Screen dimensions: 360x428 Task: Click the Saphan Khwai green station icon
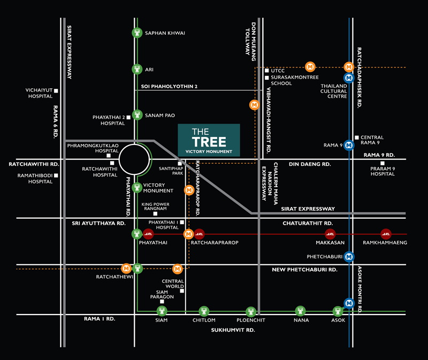tap(137, 33)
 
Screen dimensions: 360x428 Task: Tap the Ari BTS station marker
tap(137, 69)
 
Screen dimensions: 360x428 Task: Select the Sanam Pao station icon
tap(137, 114)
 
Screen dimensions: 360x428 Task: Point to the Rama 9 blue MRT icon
tap(349, 144)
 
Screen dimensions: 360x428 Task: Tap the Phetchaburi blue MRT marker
tap(349, 256)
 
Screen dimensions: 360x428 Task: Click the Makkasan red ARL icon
tap(331, 234)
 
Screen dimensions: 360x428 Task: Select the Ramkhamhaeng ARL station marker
tap(386, 234)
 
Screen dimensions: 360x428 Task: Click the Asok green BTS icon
tap(338, 311)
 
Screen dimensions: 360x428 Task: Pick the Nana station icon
tap(301, 311)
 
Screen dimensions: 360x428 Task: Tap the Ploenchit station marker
tap(251, 311)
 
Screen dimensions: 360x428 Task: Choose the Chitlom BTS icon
tap(204, 311)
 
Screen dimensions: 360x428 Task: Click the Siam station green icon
tap(162, 311)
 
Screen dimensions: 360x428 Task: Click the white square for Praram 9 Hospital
tap(382, 163)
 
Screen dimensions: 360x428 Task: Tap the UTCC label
tap(278, 71)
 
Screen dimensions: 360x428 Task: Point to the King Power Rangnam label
tap(155, 206)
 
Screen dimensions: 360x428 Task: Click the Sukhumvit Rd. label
tap(232, 330)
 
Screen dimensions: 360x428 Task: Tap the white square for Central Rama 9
tap(356, 137)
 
